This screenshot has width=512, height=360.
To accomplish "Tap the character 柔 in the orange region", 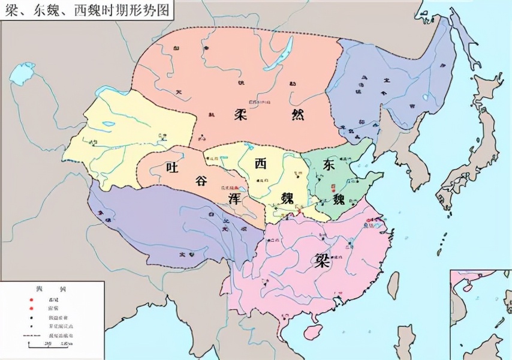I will (x=242, y=114).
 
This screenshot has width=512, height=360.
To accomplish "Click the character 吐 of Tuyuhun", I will (x=173, y=167).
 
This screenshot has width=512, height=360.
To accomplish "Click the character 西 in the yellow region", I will (x=261, y=163).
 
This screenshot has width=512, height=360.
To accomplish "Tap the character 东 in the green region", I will (x=329, y=164).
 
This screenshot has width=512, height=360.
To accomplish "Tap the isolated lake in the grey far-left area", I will (x=22, y=74).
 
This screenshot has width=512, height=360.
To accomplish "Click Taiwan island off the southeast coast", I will (x=393, y=284).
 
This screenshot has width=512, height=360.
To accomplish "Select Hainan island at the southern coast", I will (x=311, y=331).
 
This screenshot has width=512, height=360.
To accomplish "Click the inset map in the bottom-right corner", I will (x=480, y=314).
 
